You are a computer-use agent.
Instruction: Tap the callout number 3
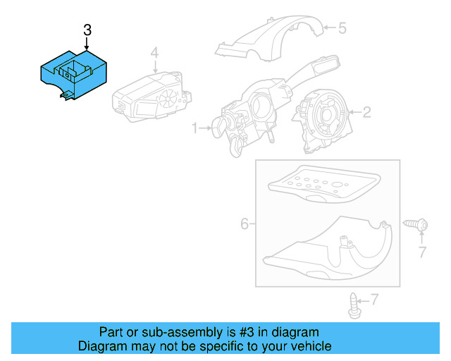click(87, 30)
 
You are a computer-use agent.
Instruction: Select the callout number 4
click(154, 52)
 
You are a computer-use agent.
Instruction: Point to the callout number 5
click(342, 28)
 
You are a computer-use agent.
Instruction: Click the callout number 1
click(195, 128)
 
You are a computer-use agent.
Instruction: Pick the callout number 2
click(366, 111)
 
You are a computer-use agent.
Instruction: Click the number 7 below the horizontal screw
click(422, 252)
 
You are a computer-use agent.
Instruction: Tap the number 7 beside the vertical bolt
click(374, 300)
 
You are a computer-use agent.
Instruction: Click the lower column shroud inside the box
click(331, 250)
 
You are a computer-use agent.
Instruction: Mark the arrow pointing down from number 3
click(87, 44)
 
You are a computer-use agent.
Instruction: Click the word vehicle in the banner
click(307, 346)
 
